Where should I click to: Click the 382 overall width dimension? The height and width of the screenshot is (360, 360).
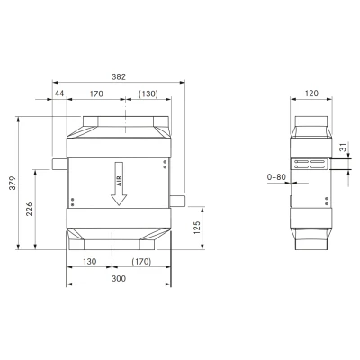pos(119,76)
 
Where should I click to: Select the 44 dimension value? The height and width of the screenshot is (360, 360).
pos(59,94)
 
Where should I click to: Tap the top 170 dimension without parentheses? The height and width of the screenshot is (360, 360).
pos(96,94)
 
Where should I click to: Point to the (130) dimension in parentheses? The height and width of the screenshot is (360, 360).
pos(148,94)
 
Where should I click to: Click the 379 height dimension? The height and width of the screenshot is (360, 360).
pos(13,183)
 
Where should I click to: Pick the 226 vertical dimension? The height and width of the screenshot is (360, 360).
pos(30,209)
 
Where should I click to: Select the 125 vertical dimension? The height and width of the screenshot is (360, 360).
pos(197,228)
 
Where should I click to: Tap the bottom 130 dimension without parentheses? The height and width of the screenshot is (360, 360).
pos(89,262)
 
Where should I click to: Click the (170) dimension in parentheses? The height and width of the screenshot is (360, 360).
pos(141,262)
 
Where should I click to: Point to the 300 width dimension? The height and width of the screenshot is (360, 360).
pos(119,279)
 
